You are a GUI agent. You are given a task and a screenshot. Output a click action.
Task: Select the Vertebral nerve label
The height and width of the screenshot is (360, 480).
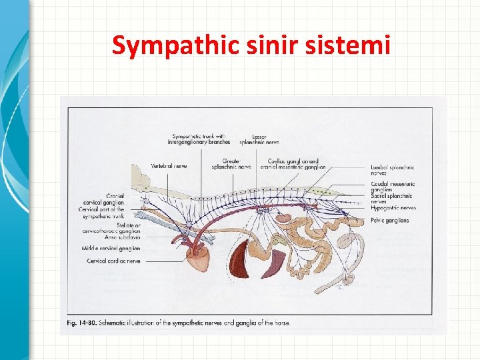point(169,166)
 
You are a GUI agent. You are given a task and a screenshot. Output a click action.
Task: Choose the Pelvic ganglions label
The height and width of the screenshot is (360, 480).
point(390,220)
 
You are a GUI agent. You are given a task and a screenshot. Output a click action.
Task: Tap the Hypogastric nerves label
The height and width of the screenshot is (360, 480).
point(393,208)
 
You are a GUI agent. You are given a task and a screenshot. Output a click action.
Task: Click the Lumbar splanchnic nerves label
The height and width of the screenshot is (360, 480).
point(393,170)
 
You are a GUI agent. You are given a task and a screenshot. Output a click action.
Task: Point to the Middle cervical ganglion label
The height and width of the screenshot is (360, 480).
point(113,248)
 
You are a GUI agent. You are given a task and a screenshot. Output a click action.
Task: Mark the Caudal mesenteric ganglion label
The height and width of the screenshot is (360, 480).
point(393,187)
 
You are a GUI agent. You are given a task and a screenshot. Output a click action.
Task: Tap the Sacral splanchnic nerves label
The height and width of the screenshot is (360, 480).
point(392,199)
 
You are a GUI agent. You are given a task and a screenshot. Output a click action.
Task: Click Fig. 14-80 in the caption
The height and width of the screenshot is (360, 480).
point(81,324)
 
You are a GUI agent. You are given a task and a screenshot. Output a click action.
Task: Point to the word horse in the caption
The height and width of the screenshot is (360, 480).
point(282,324)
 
